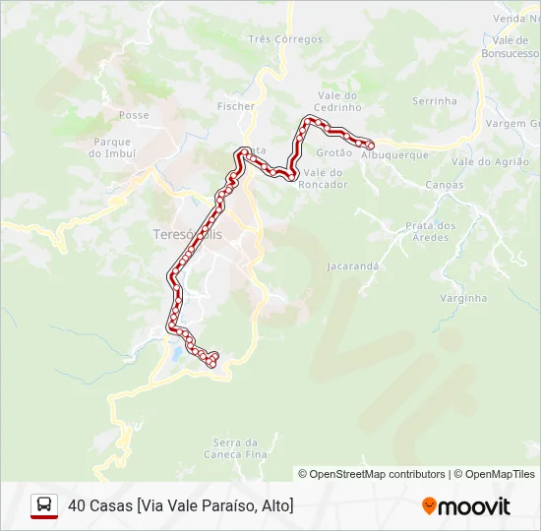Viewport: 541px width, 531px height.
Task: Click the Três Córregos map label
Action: (285, 39)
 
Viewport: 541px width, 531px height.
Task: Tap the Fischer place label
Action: (236, 106)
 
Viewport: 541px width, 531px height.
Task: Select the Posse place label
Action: (134, 115)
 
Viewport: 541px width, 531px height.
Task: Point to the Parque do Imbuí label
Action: (111, 147)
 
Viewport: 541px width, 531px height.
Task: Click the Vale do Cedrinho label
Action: (338, 101)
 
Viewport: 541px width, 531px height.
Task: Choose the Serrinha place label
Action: (435, 100)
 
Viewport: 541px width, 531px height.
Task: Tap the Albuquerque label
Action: (395, 155)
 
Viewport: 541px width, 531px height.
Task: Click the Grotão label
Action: (334, 152)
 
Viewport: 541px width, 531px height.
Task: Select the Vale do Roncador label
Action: (324, 178)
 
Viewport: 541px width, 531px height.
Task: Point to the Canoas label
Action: (445, 185)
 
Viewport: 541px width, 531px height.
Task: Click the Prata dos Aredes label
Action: (431, 231)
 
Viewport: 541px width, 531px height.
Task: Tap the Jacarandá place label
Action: (354, 265)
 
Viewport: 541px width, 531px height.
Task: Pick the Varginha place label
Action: (463, 297)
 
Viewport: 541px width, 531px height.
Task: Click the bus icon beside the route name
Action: (44, 505)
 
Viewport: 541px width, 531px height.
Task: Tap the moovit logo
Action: (466, 506)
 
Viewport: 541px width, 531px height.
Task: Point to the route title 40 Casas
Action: (181, 505)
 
